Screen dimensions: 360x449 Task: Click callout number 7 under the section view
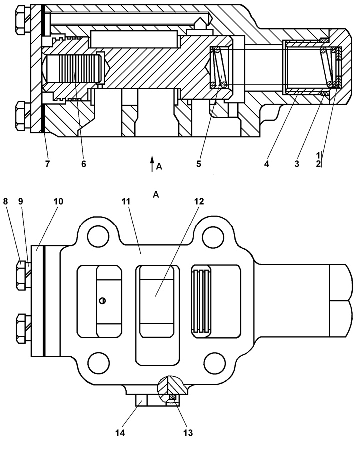point(47,164)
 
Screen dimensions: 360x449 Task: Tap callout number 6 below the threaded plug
point(83,164)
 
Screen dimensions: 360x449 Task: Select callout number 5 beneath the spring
point(199,164)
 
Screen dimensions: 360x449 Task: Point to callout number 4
point(267,164)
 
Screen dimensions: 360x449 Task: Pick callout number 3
point(297,164)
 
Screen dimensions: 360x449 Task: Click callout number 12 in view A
point(199,202)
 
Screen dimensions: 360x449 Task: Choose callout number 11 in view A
point(126,202)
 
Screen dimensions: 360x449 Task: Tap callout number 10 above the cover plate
point(58,202)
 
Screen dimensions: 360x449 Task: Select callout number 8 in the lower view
point(5,202)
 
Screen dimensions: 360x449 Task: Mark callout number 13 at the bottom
point(188,433)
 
